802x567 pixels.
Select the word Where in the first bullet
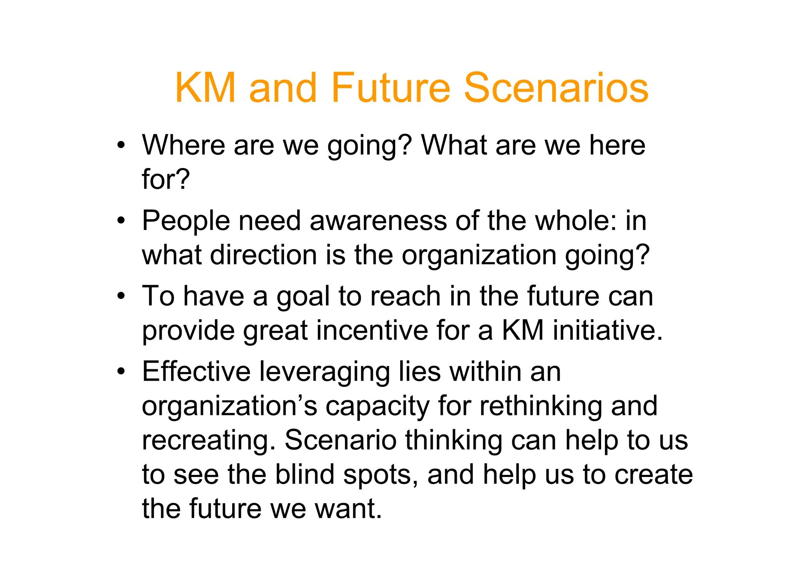[183, 145]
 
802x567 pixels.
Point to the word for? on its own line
[166, 179]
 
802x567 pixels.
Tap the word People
[186, 221]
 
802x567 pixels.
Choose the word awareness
[378, 221]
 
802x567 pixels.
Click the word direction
[263, 255]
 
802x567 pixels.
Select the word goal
[303, 297]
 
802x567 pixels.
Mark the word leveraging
[325, 372]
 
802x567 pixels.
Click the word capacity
[378, 406]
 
